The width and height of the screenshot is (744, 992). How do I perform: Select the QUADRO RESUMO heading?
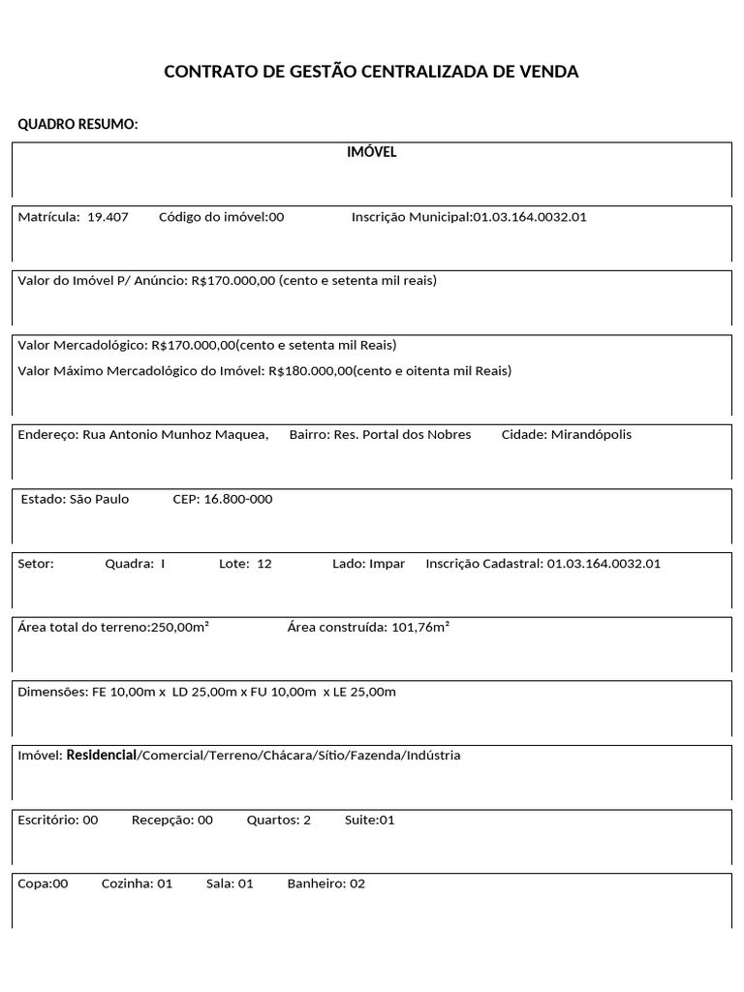[78, 125]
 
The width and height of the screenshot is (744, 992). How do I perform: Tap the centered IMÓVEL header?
[372, 152]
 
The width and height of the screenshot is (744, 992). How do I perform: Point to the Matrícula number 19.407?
[108, 217]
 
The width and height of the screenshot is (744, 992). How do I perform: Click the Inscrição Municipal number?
[529, 217]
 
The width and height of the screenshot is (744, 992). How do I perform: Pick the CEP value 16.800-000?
[238, 500]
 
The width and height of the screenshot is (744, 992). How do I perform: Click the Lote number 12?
[264, 564]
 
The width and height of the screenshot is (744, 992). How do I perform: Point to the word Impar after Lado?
[387, 564]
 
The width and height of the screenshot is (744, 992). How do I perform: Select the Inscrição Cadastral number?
[604, 564]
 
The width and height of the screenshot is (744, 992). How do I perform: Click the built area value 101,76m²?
[419, 628]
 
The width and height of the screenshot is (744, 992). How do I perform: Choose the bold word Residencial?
[102, 756]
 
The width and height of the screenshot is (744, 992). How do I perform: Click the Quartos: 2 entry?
[279, 821]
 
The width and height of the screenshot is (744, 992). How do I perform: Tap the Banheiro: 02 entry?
[326, 884]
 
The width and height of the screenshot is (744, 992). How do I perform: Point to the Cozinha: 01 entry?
[137, 884]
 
